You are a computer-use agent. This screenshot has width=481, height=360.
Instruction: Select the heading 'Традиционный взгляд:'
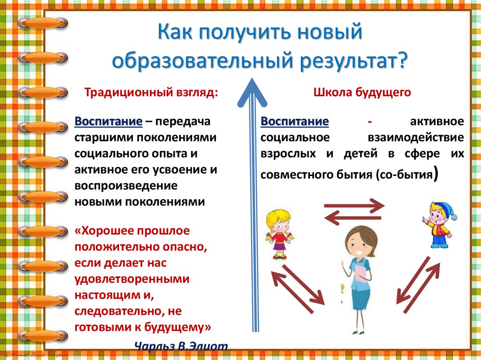coord(151,92)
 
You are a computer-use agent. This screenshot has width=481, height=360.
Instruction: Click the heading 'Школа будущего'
coord(362,92)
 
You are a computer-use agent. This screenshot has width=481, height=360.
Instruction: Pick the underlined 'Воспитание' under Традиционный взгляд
coord(109,122)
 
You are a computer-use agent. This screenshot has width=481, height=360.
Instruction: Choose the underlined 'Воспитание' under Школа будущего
coord(295,122)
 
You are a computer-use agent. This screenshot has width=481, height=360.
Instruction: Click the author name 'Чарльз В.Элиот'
coord(181,346)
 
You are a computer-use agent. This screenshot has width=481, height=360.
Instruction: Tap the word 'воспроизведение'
coord(125,186)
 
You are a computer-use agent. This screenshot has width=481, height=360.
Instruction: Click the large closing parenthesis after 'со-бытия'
coord(437,174)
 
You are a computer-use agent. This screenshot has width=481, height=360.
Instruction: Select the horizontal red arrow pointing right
coord(354,205)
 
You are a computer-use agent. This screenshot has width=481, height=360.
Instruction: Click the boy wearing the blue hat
coord(439,224)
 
